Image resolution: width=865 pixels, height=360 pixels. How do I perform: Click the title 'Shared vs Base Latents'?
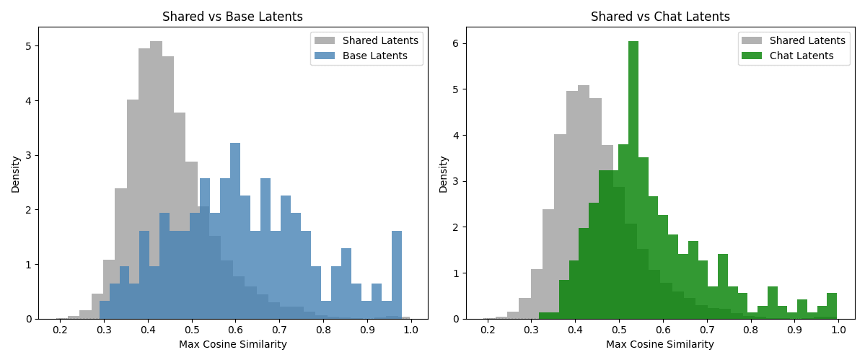click(x=232, y=17)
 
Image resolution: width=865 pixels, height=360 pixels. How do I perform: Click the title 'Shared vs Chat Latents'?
click(x=660, y=17)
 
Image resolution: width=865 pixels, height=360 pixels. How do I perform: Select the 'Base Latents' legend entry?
click(x=374, y=56)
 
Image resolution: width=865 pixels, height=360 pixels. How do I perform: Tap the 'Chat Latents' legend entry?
click(x=802, y=56)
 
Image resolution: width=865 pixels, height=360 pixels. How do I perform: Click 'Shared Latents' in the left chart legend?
click(x=380, y=40)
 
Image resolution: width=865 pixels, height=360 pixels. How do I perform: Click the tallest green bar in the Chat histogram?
click(x=633, y=180)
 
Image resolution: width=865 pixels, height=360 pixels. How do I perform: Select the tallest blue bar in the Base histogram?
click(x=235, y=231)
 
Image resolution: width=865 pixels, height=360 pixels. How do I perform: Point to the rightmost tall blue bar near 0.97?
click(x=397, y=274)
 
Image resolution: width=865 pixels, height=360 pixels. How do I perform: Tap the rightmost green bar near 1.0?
click(x=832, y=306)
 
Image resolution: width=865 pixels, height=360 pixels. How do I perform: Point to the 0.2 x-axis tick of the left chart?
click(x=60, y=330)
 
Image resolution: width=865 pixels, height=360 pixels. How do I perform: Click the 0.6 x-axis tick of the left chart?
click(x=235, y=330)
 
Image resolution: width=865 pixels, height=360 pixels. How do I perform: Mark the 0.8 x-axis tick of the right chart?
click(x=751, y=330)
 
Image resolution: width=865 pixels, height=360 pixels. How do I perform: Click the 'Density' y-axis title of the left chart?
click(x=15, y=174)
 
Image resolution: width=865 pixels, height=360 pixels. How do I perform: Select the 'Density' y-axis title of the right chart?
click(x=443, y=174)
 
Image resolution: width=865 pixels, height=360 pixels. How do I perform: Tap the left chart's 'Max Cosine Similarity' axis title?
click(x=233, y=345)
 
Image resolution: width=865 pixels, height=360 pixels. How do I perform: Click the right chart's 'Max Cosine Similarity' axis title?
click(x=660, y=345)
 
